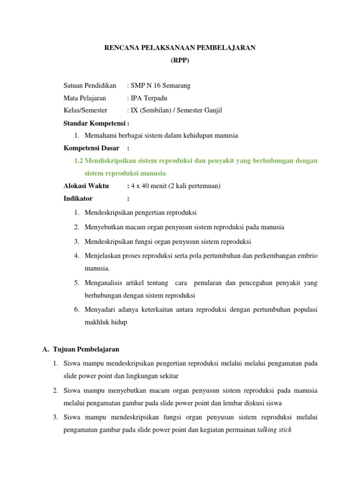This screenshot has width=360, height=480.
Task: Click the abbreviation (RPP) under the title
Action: pos(180,60)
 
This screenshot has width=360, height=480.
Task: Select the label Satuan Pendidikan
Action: pos(90,85)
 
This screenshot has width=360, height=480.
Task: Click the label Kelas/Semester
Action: pos(85,111)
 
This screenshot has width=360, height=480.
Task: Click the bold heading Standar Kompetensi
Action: pos(96,123)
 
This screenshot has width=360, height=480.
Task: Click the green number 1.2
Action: pos(78,161)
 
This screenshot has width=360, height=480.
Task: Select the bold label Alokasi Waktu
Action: pos(86,186)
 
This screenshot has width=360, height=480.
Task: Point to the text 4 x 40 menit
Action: pos(149,186)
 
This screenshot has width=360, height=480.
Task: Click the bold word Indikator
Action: pos(78,198)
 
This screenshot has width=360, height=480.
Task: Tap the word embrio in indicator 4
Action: pos(307,256)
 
